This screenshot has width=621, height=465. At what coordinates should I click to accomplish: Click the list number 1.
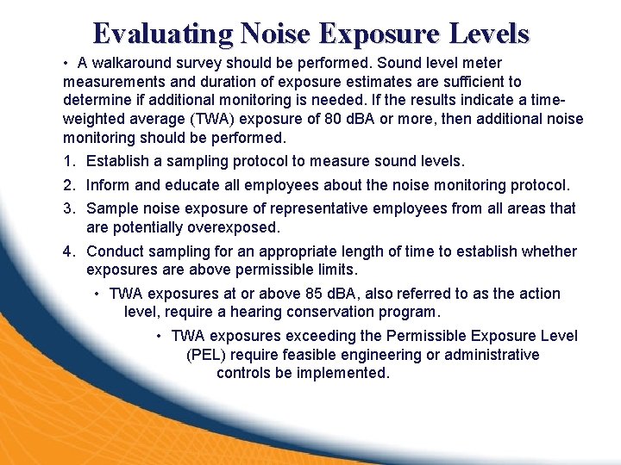[68, 161]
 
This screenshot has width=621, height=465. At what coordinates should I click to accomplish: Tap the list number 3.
[68, 208]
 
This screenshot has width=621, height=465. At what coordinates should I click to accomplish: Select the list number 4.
[68, 251]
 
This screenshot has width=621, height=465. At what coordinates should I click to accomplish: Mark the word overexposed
[237, 227]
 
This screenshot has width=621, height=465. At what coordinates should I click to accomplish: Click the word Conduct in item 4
[116, 251]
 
